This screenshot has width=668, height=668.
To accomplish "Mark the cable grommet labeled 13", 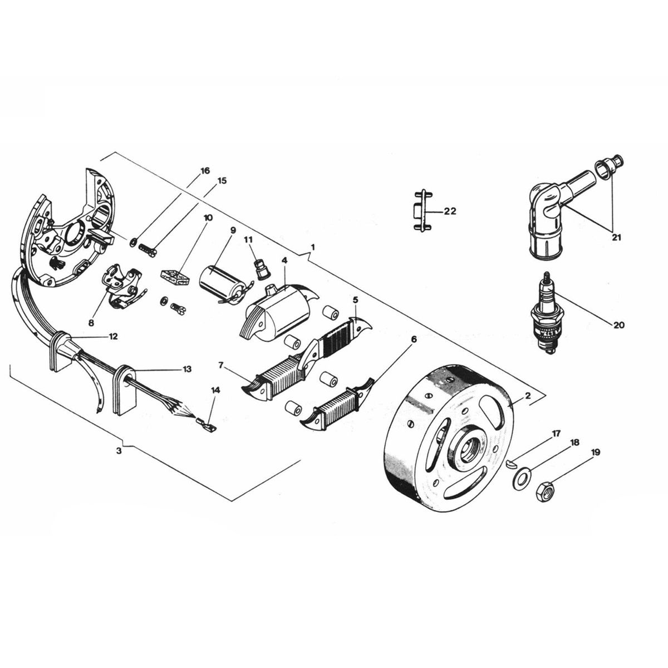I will tap(124, 390).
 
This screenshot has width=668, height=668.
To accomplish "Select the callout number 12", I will tap(113, 337).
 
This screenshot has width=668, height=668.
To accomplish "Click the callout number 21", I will tap(615, 237).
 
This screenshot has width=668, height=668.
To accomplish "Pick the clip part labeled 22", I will tap(423, 211).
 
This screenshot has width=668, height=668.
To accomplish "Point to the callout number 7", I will tap(222, 365).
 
